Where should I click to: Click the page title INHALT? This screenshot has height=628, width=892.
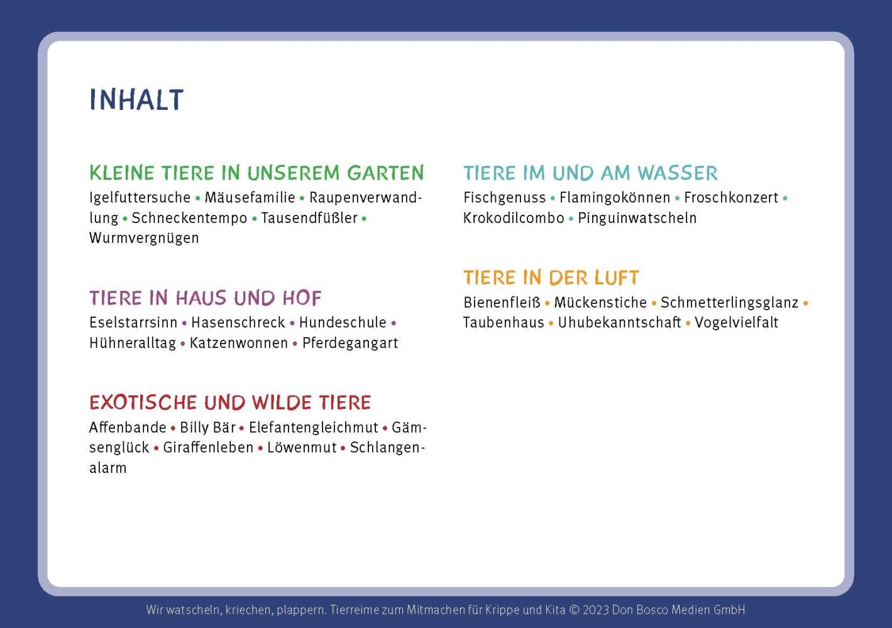tap(136, 99)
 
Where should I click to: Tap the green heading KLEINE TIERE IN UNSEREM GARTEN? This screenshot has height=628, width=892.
tap(257, 173)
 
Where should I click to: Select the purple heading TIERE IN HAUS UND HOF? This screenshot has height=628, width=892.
tap(205, 298)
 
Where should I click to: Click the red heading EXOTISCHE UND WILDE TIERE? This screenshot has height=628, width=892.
tap(230, 403)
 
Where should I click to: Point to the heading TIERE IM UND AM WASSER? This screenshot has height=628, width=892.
tap(590, 173)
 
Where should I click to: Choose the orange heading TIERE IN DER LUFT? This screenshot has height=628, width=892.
tap(551, 278)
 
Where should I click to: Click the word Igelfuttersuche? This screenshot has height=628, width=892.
tap(140, 198)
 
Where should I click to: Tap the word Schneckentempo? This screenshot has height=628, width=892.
tap(190, 218)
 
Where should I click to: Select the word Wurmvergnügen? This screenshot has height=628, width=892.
tap(144, 239)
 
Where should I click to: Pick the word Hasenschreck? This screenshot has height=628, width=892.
tap(238, 323)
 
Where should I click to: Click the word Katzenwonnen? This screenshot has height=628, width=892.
tap(238, 343)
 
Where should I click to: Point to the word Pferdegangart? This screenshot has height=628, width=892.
tap(350, 344)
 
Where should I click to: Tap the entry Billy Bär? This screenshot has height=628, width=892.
tap(208, 428)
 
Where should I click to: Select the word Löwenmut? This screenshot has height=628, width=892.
tap(302, 448)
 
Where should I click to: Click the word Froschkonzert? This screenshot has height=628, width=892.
tap(731, 198)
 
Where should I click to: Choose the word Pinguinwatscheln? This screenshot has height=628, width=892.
tap(637, 219)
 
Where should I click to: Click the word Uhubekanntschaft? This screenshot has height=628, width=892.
tap(619, 323)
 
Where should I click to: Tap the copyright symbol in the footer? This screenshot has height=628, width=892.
tap(574, 610)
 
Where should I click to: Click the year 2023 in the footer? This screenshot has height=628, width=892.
tap(596, 610)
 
